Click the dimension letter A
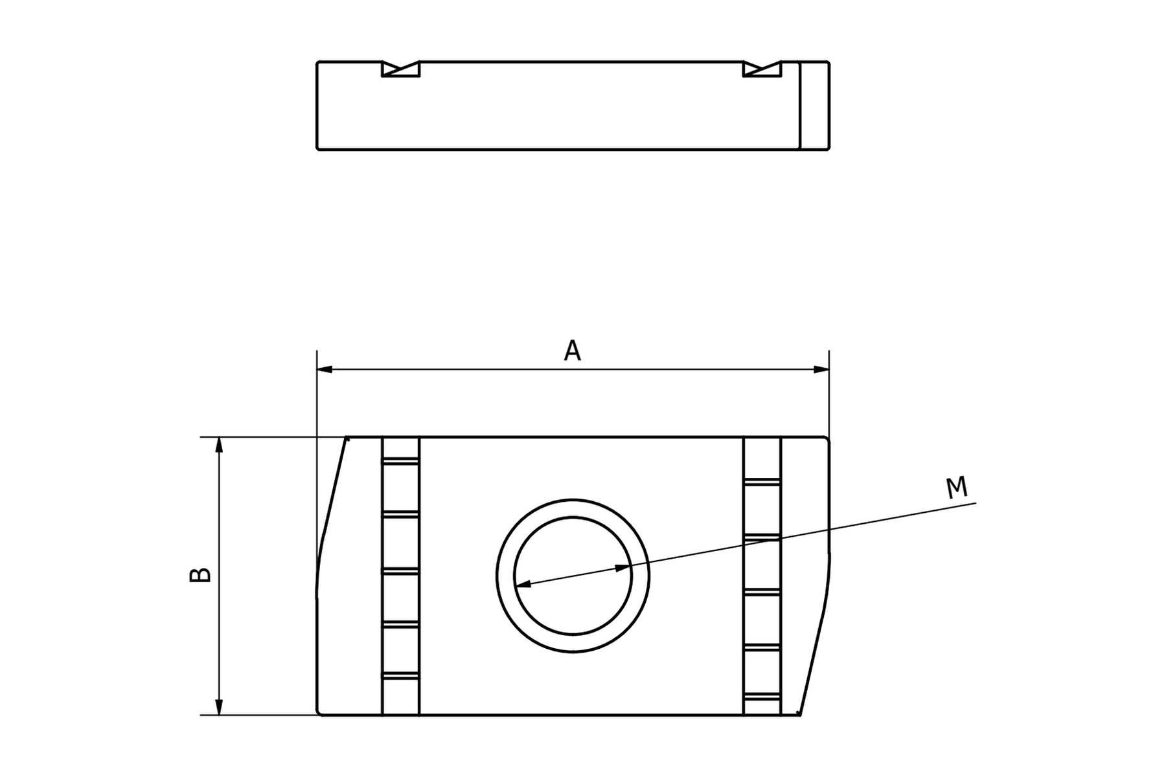[572, 350]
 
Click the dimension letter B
[200, 574]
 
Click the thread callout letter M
[956, 488]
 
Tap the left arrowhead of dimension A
[325, 369]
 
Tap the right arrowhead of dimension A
[821, 369]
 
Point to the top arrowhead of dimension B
[219, 445]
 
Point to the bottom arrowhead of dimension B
[219, 707]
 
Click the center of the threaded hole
[573, 576]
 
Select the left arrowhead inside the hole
[523, 584]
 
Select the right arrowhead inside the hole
[623, 568]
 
